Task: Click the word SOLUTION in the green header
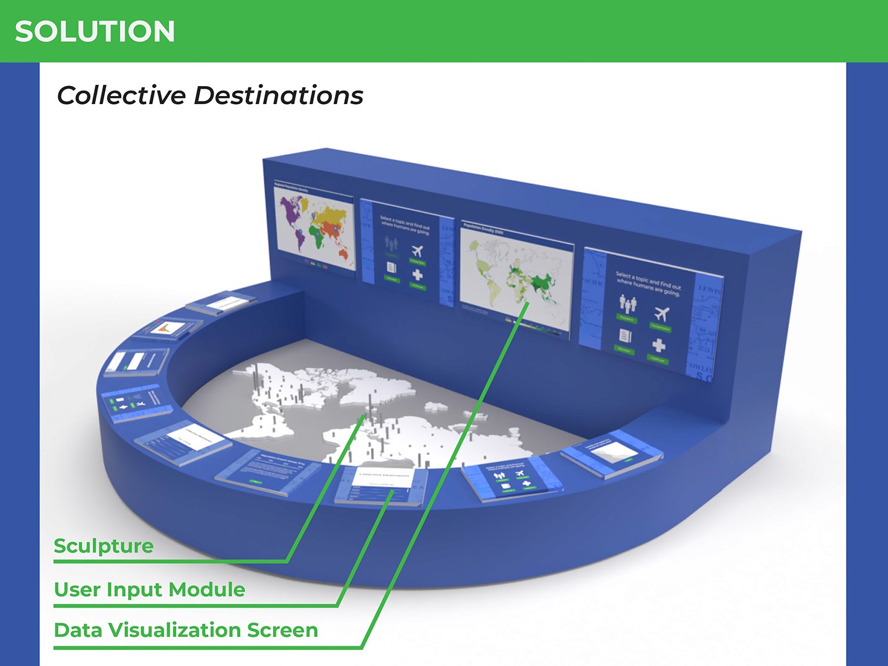[x=95, y=32]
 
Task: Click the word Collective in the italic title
[x=121, y=95]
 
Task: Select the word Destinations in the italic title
[x=279, y=95]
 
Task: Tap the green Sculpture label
[x=103, y=546]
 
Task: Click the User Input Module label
[x=149, y=589]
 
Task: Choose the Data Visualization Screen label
[x=186, y=630]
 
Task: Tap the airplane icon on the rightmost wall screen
[x=661, y=314]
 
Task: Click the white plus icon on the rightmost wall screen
[x=659, y=344]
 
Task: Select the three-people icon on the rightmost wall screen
[x=628, y=303]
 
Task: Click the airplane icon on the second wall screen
[x=417, y=251]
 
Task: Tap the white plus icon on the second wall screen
[x=418, y=274]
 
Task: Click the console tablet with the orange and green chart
[x=168, y=328]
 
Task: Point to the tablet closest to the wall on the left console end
[x=221, y=304]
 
